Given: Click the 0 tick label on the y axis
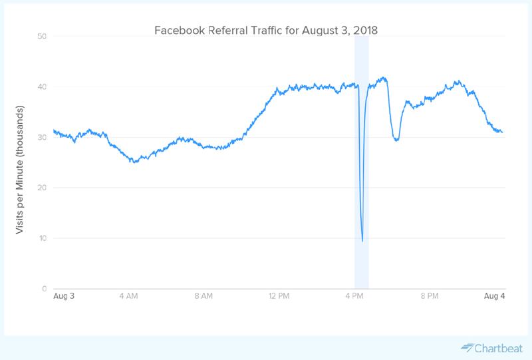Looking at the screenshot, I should click(x=43, y=289).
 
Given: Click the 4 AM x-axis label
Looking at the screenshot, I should click(x=128, y=296).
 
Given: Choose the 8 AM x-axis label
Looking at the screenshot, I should click(x=203, y=296).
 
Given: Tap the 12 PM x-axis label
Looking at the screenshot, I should click(x=279, y=296).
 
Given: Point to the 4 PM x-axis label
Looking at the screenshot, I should click(x=354, y=296).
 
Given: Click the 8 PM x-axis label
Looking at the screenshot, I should click(x=430, y=296).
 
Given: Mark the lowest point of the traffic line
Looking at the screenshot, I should click(x=362, y=241).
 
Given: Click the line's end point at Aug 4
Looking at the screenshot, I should click(x=502, y=132).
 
